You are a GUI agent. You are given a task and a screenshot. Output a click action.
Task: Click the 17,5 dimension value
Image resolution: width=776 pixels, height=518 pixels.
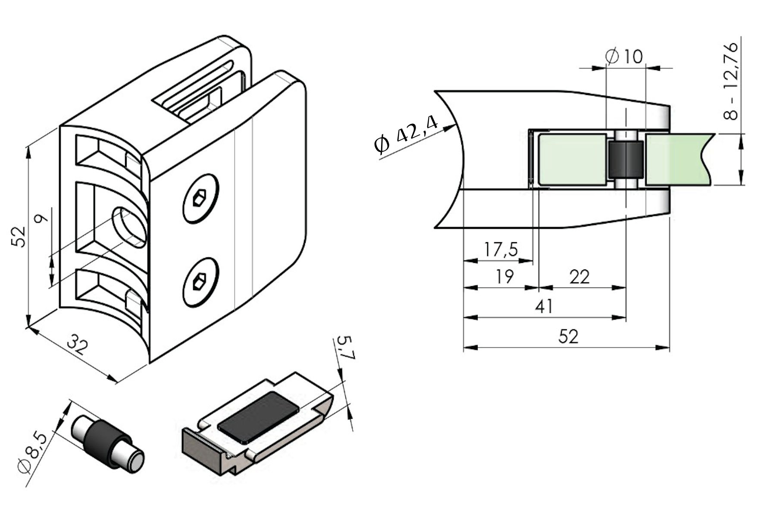tap(501, 250)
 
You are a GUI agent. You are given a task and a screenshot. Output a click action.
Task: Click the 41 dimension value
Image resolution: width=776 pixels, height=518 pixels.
tap(544, 306)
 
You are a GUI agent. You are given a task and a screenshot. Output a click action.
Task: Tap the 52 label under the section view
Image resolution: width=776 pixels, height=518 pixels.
tap(568, 336)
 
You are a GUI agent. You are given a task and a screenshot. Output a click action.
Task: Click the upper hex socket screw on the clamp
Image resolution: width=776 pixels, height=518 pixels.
tap(200, 199)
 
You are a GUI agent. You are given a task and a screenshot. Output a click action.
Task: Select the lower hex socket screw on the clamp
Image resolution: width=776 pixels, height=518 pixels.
tap(200, 282)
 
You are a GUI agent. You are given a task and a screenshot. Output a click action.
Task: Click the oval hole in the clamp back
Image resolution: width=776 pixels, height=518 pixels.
tap(129, 227)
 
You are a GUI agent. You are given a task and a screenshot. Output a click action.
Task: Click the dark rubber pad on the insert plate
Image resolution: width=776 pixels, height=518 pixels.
tap(258, 418)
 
